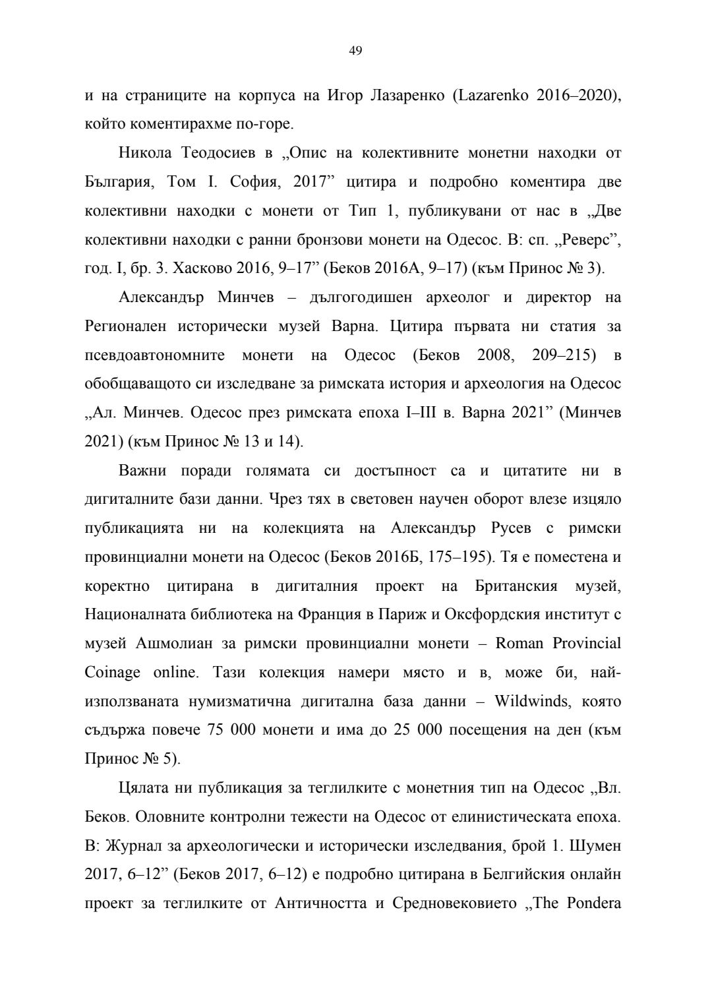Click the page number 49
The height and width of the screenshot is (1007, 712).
[x=355, y=51]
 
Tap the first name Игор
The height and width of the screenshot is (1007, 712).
[x=345, y=95]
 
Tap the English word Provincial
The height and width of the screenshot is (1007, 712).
[x=586, y=644]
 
